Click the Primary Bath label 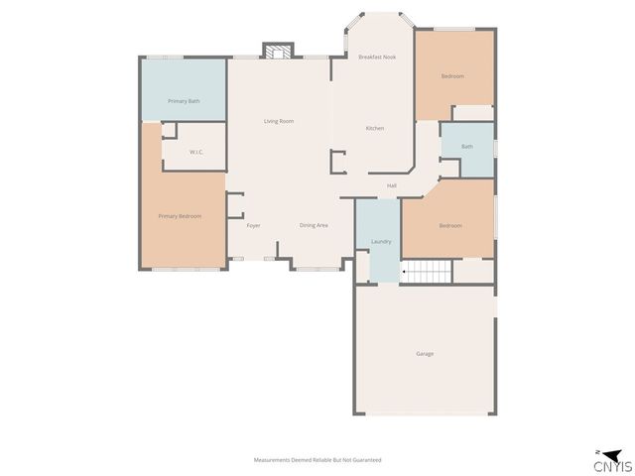184,101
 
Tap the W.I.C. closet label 196,152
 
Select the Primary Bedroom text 180,215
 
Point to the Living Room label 278,121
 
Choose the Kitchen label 375,128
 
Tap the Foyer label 253,225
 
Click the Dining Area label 314,225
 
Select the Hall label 392,185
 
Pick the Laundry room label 381,242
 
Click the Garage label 425,354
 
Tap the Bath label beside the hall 466,147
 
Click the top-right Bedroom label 451,76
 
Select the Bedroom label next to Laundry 450,225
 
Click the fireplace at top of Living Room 279,51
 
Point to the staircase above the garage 426,271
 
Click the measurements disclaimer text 317,460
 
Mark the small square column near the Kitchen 338,162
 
